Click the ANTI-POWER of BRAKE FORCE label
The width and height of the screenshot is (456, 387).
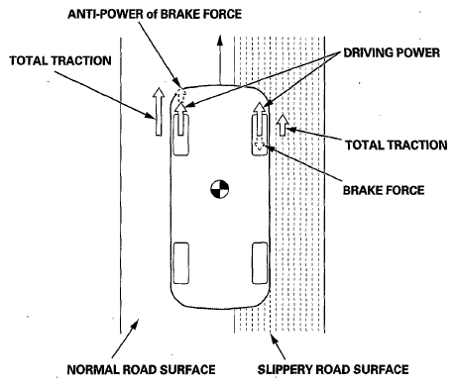(x=155, y=14)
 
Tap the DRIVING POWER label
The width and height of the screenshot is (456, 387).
(x=392, y=52)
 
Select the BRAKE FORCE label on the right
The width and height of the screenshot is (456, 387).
(x=384, y=190)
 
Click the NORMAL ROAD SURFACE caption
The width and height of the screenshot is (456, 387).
(x=141, y=369)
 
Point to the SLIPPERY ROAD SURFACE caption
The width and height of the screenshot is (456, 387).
(x=333, y=369)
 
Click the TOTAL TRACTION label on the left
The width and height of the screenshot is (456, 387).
(x=60, y=60)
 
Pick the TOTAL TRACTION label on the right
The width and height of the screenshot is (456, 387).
(x=397, y=145)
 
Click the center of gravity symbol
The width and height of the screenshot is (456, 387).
(x=220, y=189)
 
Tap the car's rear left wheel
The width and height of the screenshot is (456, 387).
(x=181, y=263)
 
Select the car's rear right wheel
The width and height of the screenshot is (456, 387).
(x=260, y=263)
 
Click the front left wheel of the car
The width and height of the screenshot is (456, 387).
(x=181, y=134)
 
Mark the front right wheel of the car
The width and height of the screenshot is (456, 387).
(x=260, y=134)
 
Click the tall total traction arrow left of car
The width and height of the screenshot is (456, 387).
(x=159, y=112)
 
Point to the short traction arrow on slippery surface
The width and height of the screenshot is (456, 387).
(x=283, y=126)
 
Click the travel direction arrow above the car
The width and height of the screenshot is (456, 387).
(x=219, y=58)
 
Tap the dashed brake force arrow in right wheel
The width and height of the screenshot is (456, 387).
(x=260, y=146)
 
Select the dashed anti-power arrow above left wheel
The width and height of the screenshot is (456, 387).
(x=180, y=94)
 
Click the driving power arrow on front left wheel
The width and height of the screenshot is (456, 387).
(x=180, y=119)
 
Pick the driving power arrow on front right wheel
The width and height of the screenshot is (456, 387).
(x=260, y=119)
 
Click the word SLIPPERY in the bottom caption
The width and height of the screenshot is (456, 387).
(x=285, y=369)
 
